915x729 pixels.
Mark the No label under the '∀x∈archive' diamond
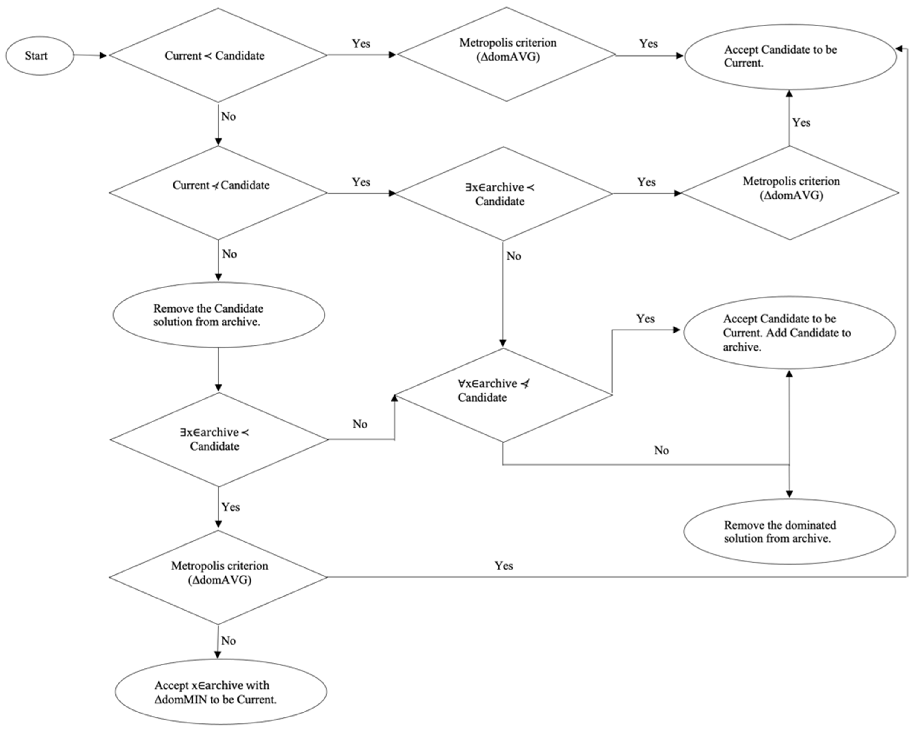[x=661, y=450]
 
